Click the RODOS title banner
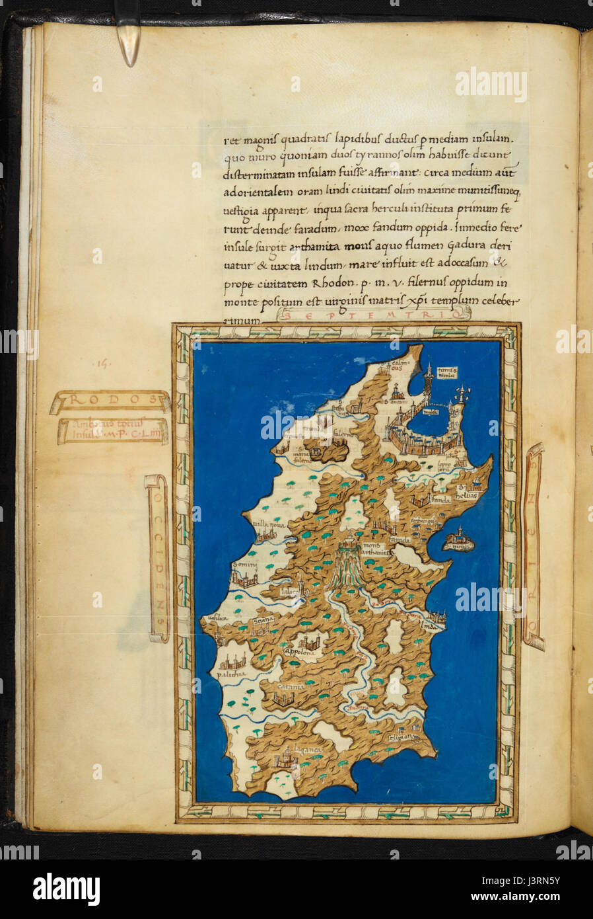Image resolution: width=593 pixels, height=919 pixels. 110,401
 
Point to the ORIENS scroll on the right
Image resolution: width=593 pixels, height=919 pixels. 534,546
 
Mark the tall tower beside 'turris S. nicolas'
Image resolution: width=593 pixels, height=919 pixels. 429,380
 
